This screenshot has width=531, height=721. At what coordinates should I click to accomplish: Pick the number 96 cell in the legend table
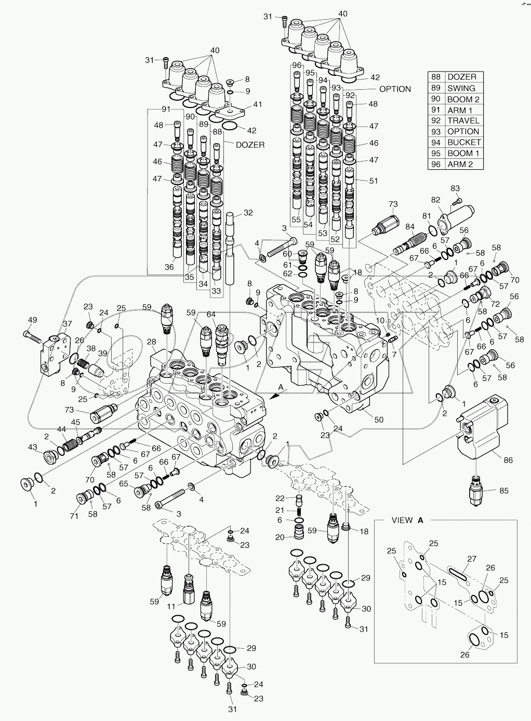435,164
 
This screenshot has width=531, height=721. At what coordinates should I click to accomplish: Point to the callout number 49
32,320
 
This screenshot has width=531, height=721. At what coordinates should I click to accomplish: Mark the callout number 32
248,212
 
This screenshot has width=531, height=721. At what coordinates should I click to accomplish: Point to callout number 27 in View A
471,559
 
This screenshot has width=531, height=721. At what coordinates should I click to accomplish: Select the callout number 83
455,188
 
